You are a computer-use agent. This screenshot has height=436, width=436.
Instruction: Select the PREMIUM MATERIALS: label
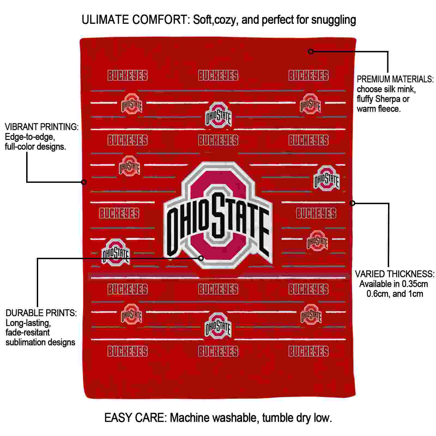[x=395, y=79]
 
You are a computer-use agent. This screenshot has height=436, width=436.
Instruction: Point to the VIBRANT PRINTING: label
[x=42, y=127]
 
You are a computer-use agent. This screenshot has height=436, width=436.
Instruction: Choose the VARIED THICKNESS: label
[x=395, y=274]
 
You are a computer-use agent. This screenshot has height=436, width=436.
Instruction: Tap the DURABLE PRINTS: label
[x=41, y=313]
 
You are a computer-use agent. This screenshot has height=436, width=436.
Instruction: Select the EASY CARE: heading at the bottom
[x=135, y=418]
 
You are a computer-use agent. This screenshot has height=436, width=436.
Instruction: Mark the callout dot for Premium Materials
[x=311, y=52]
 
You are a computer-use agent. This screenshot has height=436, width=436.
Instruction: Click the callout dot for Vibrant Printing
[x=84, y=182]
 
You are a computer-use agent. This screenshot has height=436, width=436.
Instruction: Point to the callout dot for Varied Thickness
[x=352, y=203]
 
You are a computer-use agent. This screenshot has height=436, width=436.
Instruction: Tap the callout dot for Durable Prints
[x=201, y=258]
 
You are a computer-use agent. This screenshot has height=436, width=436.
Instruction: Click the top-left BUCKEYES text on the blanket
[x=128, y=76]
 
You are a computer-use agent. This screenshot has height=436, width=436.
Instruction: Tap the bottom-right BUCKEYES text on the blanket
[x=308, y=352]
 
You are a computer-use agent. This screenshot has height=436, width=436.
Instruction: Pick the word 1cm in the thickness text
[x=416, y=294]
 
